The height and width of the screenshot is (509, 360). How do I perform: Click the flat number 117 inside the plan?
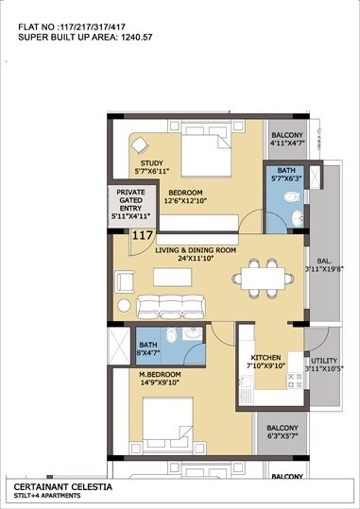point(144,236)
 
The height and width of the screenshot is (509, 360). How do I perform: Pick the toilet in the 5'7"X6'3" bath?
point(292,197)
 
